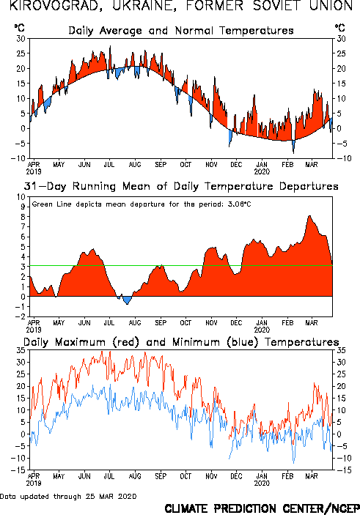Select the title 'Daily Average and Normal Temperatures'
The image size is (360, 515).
pyautogui.click(x=181, y=31)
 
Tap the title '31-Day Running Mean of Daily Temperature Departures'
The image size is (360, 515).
pyautogui.click(x=181, y=186)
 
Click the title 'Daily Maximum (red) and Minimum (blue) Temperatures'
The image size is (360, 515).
pyautogui.click(x=181, y=342)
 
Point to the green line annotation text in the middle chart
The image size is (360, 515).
pyautogui.click(x=142, y=204)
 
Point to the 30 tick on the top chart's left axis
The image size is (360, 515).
pyautogui.click(x=21, y=39)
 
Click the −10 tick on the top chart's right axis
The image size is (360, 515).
pyautogui.click(x=342, y=158)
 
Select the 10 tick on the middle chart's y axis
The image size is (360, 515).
pyautogui.click(x=21, y=197)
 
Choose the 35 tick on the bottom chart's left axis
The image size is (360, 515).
pyautogui.click(x=21, y=350)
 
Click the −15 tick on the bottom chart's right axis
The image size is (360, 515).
pyautogui.click(x=342, y=470)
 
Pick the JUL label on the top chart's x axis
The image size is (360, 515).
pyautogui.click(x=109, y=164)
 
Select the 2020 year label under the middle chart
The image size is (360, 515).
pyautogui.click(x=262, y=330)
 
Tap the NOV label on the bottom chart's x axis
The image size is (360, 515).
pyautogui.click(x=211, y=476)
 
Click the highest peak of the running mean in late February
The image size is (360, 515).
pyautogui.click(x=309, y=216)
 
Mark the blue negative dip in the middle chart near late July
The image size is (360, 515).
pyautogui.click(x=127, y=300)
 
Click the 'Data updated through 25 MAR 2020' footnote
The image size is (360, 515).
pyautogui.click(x=68, y=496)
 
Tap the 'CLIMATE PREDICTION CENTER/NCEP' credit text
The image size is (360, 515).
pyautogui.click(x=262, y=508)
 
